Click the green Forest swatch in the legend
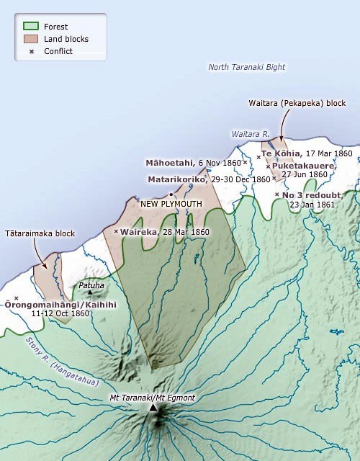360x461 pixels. click(30, 27)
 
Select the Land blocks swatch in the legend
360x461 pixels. click(30, 39)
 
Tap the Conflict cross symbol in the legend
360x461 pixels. click(30, 51)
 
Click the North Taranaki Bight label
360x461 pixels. click(246, 67)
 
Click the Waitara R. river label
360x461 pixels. click(250, 135)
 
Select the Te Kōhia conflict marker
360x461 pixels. click(258, 156)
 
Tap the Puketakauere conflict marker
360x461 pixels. click(269, 166)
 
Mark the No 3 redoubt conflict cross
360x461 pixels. click(277, 194)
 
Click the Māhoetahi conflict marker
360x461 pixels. click(246, 162)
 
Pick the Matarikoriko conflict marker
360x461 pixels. click(274, 179)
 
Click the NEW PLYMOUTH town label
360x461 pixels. click(171, 204)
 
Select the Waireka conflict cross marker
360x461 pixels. click(116, 231)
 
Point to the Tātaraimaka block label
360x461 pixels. click(40, 233)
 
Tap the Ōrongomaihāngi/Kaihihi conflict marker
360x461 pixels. click(16, 298)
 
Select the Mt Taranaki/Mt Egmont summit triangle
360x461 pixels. click(153, 408)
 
